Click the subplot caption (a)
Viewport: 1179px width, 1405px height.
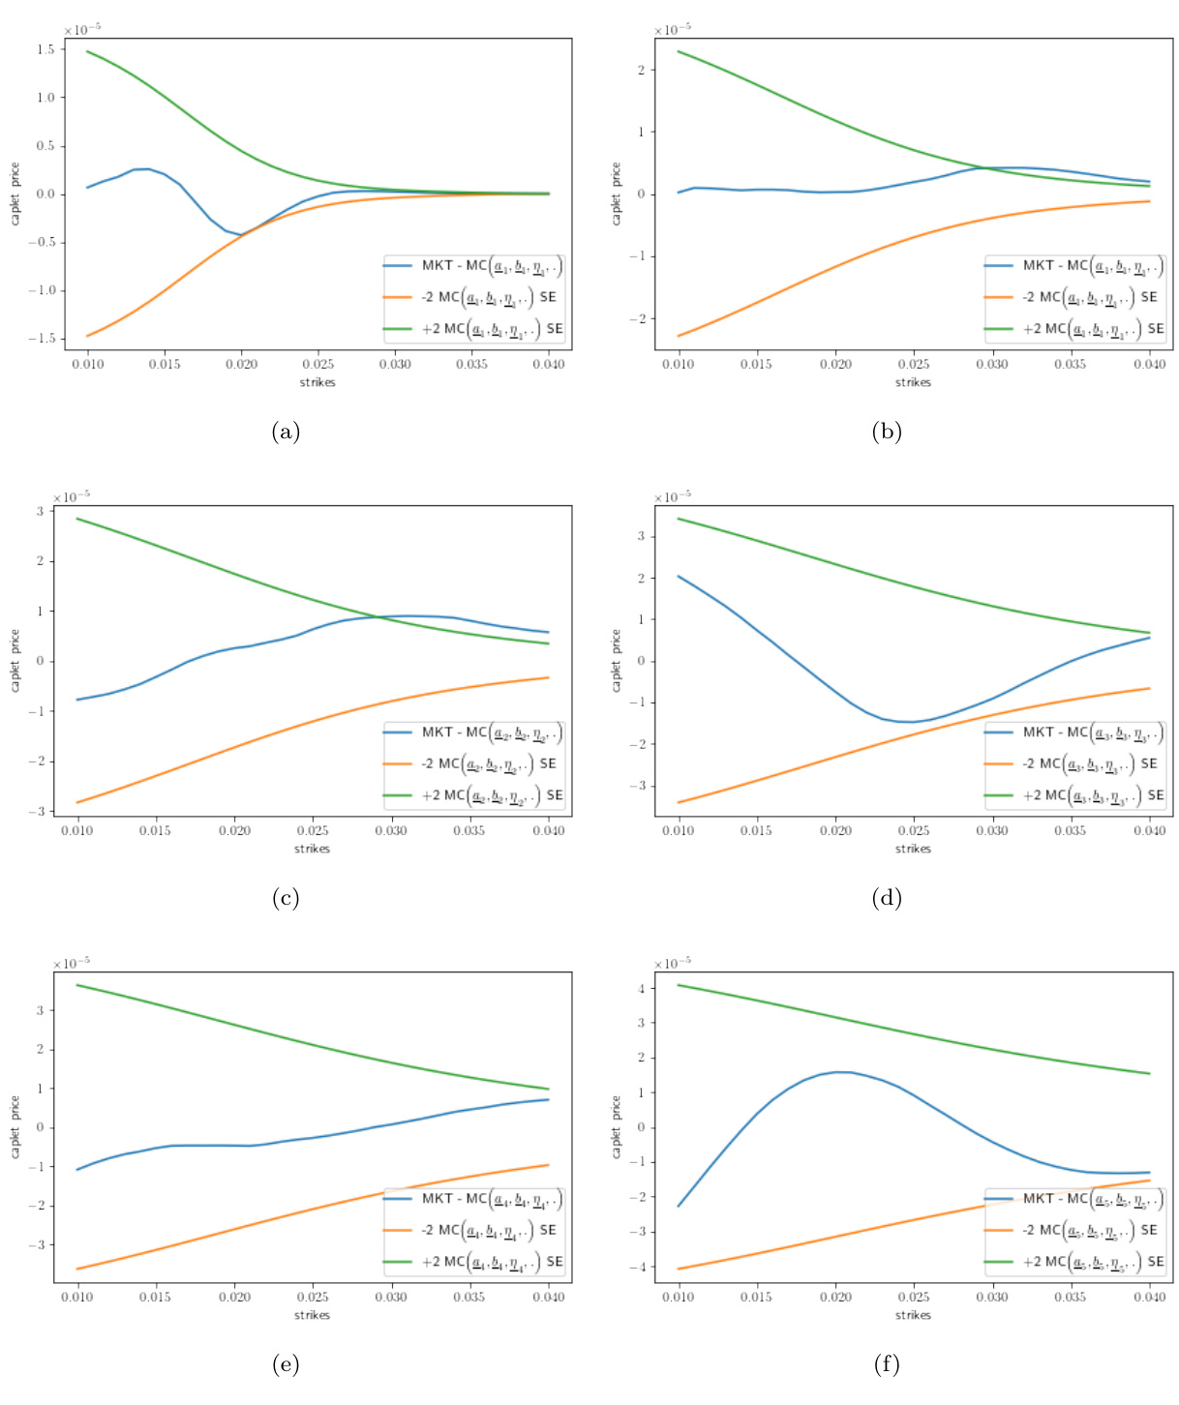[x=286, y=432]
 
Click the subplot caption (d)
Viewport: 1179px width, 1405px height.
[x=887, y=898]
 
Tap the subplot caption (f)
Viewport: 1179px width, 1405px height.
[x=887, y=1364]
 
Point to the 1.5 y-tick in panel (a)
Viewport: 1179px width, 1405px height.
[x=45, y=49]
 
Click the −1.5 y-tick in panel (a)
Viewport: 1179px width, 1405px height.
[x=42, y=339]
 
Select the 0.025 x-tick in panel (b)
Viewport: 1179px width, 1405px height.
[x=914, y=364]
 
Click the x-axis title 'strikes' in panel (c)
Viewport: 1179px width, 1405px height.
[x=312, y=849]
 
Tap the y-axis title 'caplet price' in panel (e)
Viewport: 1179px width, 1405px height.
[x=15, y=1127]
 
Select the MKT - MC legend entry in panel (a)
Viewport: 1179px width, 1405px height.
[x=472, y=266]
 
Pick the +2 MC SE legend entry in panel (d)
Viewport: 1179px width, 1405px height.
[x=1073, y=795]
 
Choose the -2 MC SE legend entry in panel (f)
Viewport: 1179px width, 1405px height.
[x=1073, y=1230]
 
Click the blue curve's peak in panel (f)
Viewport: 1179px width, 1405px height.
[x=842, y=1071]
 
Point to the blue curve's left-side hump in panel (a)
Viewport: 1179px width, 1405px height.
[x=142, y=169]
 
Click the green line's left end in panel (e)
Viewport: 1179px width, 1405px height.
[x=78, y=985]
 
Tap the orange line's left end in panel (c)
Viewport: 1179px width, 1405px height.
[x=78, y=802]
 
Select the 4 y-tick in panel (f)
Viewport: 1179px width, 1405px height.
[x=640, y=988]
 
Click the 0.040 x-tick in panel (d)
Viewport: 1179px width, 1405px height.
[x=1149, y=830]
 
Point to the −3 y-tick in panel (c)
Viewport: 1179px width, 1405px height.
[x=42, y=811]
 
